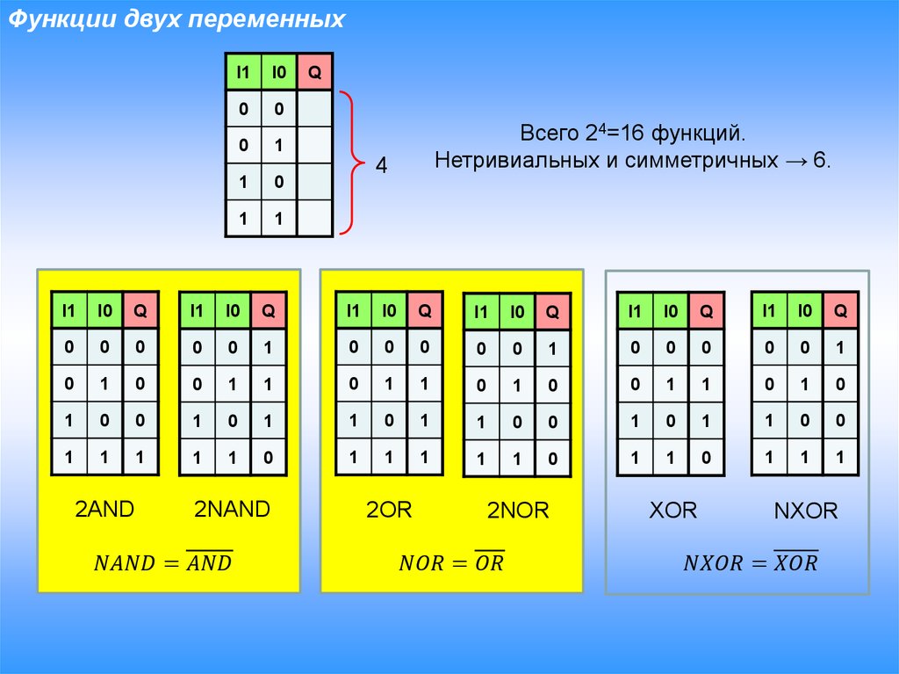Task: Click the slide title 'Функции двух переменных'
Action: pyautogui.click(x=176, y=19)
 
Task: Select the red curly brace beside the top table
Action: pyautogui.click(x=353, y=163)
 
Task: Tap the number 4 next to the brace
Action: pyautogui.click(x=381, y=165)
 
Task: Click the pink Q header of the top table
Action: pyautogui.click(x=315, y=72)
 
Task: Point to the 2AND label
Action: pyautogui.click(x=104, y=509)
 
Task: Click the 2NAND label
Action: pyautogui.click(x=232, y=509)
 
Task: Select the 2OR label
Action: pyautogui.click(x=389, y=510)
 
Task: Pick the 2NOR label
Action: pyautogui.click(x=518, y=511)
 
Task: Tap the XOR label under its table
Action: pyautogui.click(x=673, y=511)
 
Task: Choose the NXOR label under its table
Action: pyautogui.click(x=806, y=511)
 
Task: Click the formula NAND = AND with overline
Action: pyautogui.click(x=162, y=561)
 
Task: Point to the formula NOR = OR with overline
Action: pyautogui.click(x=452, y=562)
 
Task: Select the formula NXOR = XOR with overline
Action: pyautogui.click(x=751, y=562)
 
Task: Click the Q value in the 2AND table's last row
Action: pyautogui.click(x=140, y=458)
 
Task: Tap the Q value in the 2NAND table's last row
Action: pyautogui.click(x=268, y=458)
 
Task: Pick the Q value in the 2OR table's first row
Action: pyautogui.click(x=424, y=347)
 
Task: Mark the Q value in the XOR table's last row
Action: pyautogui.click(x=706, y=458)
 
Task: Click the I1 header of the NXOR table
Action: pyautogui.click(x=769, y=310)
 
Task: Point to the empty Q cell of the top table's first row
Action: pyautogui.click(x=315, y=108)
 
